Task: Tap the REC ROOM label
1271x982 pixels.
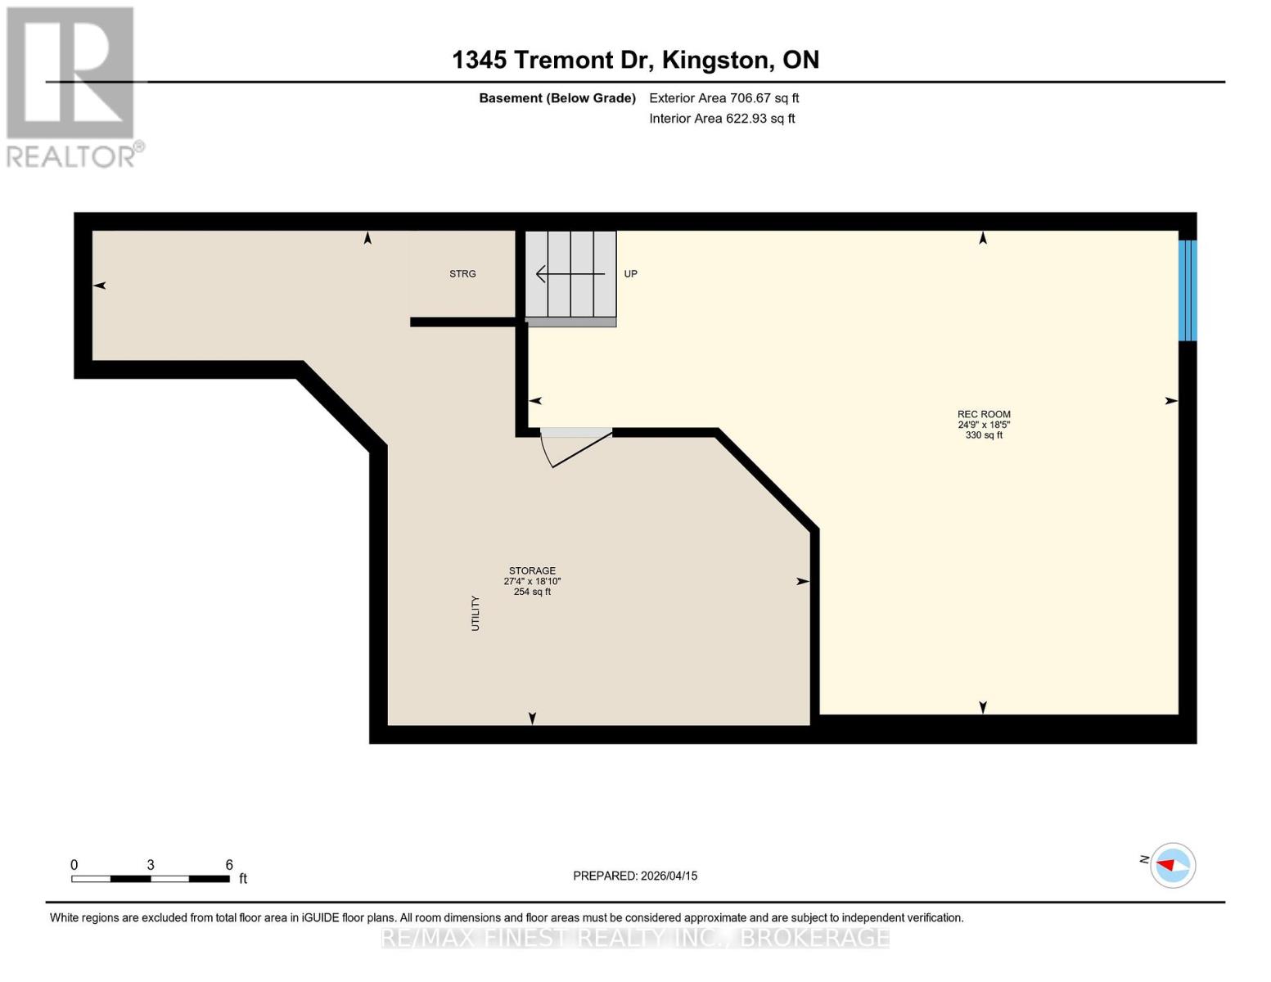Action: tap(984, 414)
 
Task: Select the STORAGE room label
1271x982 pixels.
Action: tap(532, 570)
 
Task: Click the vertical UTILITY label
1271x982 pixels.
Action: tap(475, 613)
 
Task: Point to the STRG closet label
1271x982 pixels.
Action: tap(462, 274)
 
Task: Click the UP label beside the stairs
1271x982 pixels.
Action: tap(630, 274)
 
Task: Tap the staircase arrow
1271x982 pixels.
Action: tap(570, 274)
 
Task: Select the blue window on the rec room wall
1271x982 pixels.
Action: tap(1187, 291)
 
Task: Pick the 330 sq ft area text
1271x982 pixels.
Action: tap(984, 435)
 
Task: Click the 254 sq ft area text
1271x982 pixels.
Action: tap(532, 592)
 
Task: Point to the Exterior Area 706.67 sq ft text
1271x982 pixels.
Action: tap(723, 98)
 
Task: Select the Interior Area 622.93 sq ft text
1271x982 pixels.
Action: tap(722, 119)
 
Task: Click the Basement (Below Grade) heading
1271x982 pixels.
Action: tap(557, 98)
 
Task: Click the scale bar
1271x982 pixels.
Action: tap(151, 879)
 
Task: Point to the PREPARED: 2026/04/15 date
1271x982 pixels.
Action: tap(635, 876)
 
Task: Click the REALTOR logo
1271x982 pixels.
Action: tap(72, 87)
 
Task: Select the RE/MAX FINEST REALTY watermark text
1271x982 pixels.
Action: tap(635, 937)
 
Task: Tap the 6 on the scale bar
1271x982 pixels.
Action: tap(229, 865)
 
